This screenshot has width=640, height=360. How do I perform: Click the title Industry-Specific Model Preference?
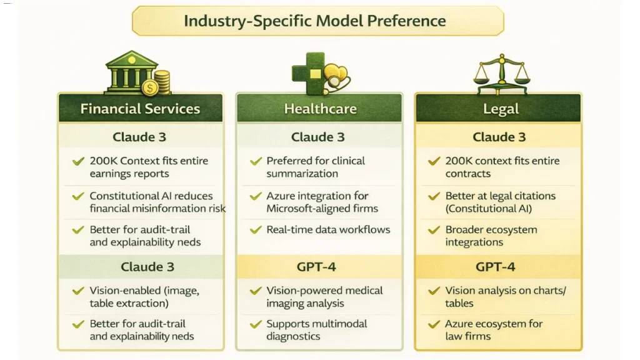315,21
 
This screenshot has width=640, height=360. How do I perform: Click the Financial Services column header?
140,109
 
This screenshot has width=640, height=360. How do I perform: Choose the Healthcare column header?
320,109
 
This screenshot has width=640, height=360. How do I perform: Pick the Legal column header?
501,109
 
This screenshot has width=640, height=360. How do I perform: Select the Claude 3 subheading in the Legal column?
499,137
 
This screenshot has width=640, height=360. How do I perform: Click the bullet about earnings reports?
149,167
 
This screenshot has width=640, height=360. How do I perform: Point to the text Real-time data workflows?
328,229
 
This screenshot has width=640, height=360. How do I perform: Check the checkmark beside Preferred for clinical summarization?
256,162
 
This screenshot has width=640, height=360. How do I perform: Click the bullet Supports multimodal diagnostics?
317,330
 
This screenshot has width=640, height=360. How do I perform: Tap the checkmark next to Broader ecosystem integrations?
434,230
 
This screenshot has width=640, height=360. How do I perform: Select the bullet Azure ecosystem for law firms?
494,330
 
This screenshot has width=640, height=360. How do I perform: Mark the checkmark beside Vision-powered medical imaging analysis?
256,291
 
